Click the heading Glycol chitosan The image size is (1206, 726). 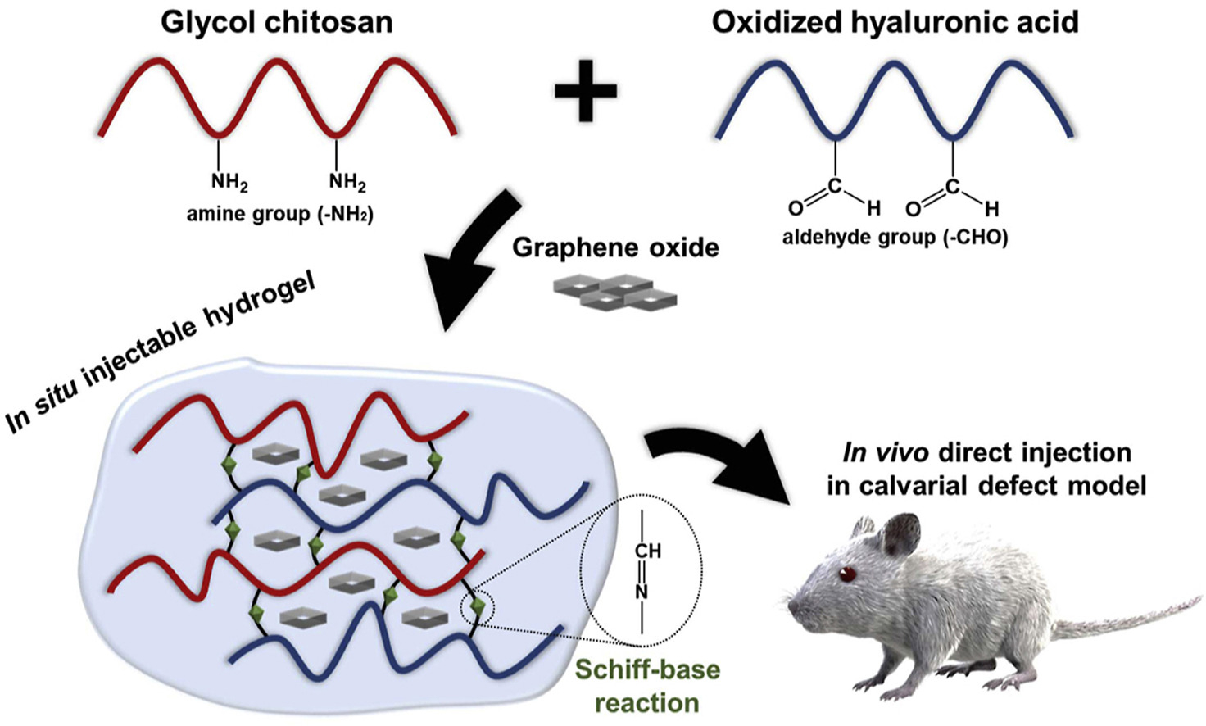pyautogui.click(x=277, y=22)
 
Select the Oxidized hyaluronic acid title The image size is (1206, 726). pyautogui.click(x=895, y=22)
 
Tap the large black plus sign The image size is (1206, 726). pyautogui.click(x=586, y=90)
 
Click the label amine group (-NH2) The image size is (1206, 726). pyautogui.click(x=279, y=215)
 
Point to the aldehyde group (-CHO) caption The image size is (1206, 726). pyautogui.click(x=895, y=238)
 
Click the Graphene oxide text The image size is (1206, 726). pyautogui.click(x=615, y=247)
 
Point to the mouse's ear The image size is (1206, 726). pyautogui.click(x=900, y=533)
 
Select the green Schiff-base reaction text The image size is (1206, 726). pyautogui.click(x=647, y=686)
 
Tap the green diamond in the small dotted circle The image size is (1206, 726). pyautogui.click(x=478, y=606)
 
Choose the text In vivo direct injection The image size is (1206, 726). pyautogui.click(x=986, y=452)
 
